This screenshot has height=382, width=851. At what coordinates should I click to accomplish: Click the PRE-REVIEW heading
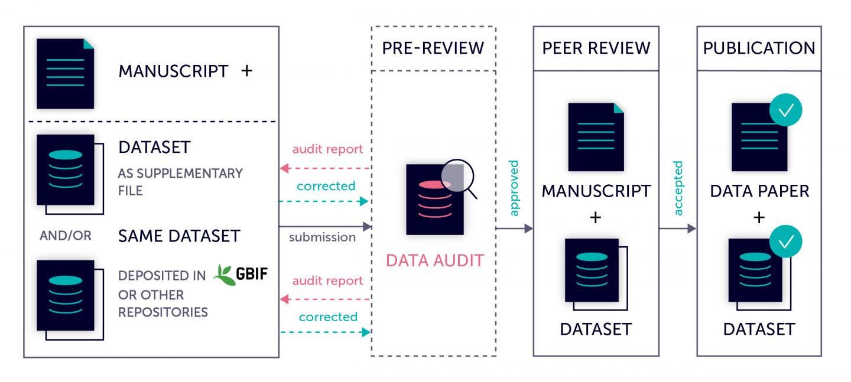point(433,48)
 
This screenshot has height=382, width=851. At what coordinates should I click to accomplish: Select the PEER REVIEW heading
point(596,48)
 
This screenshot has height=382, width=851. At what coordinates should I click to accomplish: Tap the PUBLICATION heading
point(759,48)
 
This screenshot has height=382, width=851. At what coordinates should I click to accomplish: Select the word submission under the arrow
point(322,237)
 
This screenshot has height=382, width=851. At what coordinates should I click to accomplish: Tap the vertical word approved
point(513,188)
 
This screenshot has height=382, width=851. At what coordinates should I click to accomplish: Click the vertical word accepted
point(677,188)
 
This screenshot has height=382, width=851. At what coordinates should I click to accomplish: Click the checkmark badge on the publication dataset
point(785,242)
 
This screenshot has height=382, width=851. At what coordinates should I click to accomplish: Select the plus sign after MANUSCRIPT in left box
point(246,71)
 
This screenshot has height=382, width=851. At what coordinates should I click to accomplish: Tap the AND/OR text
point(66,236)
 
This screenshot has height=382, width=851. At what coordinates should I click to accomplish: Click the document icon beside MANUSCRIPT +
point(65,74)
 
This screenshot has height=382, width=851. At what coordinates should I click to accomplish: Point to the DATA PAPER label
point(759,191)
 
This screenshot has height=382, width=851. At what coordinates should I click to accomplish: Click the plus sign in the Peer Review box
point(596,218)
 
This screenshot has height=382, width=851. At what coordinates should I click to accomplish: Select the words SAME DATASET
point(179,236)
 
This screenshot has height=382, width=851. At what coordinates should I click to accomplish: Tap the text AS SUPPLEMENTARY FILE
point(180,182)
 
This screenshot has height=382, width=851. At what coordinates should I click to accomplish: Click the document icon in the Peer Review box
point(596,138)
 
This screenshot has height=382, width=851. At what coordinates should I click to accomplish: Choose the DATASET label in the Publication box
point(759,329)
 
